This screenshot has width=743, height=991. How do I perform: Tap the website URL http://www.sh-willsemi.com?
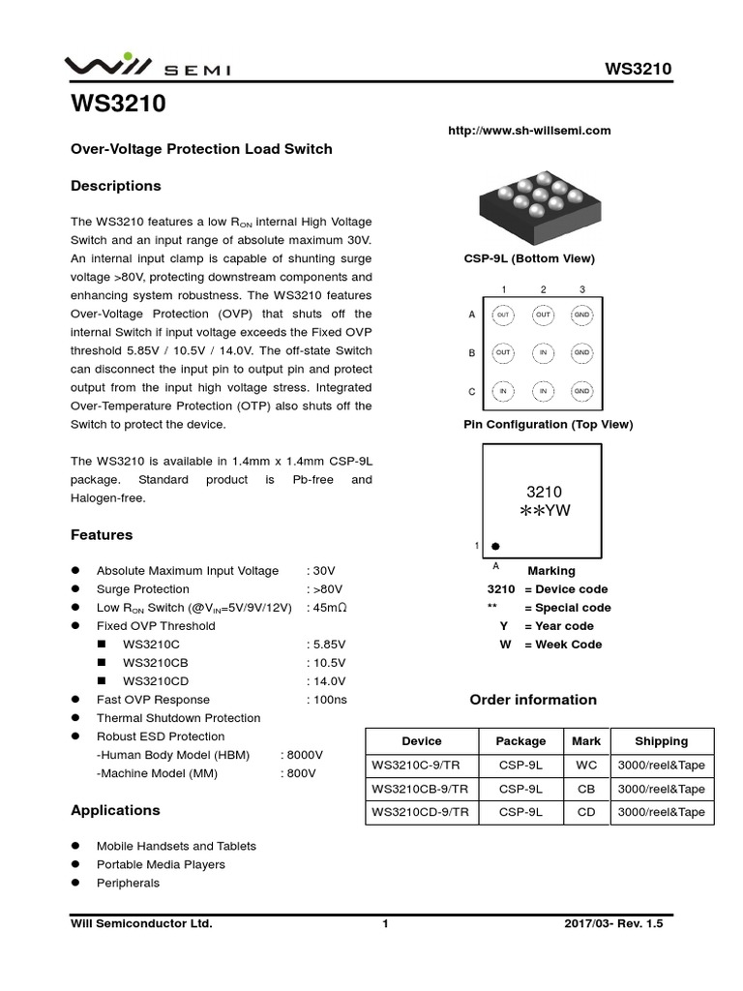(x=529, y=131)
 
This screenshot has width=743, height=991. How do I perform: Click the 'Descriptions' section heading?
(x=116, y=186)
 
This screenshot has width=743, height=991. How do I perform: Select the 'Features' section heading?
(x=102, y=535)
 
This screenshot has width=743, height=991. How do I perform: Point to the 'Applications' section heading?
(x=115, y=810)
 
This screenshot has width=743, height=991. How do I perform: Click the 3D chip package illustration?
(x=531, y=205)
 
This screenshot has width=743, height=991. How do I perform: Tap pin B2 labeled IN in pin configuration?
(x=543, y=353)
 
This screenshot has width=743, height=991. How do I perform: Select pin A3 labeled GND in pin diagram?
(x=581, y=315)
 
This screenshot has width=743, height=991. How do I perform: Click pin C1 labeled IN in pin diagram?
(x=503, y=391)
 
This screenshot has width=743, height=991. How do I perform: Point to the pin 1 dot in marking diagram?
(x=495, y=547)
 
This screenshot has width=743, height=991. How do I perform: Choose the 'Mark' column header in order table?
(x=586, y=741)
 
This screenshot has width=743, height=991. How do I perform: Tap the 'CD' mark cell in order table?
(x=586, y=813)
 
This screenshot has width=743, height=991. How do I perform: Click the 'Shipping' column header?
(x=661, y=741)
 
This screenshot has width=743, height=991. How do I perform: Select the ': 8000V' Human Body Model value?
(x=302, y=755)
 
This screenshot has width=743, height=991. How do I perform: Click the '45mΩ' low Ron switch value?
(x=329, y=608)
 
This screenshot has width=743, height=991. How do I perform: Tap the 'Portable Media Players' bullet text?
(x=161, y=864)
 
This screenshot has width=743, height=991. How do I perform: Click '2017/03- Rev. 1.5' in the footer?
(x=613, y=924)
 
